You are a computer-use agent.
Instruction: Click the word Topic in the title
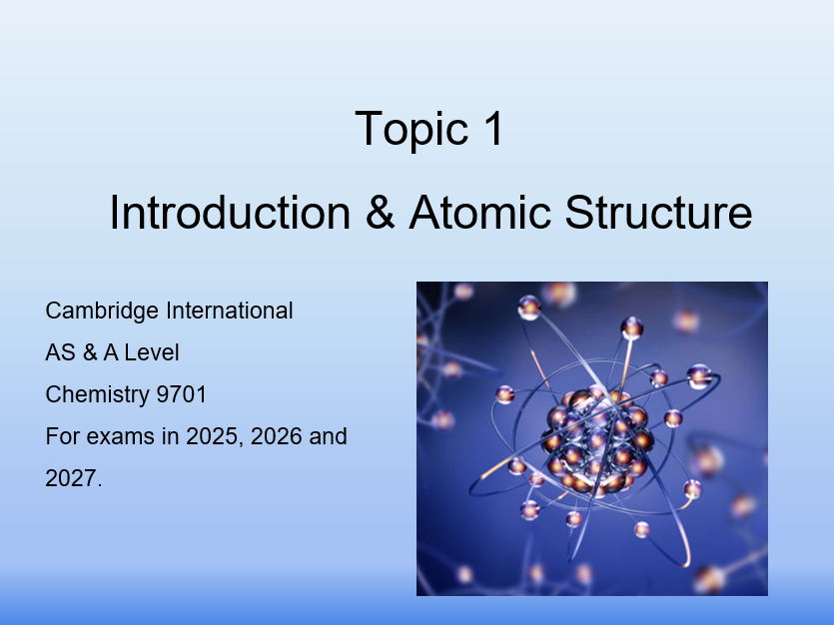pos(412,129)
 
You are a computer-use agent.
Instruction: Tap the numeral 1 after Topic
pos(494,128)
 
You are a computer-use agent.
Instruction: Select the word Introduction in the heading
pos(230,212)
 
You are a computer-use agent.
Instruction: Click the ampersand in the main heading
pos(381,212)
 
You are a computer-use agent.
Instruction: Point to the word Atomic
pos(479,212)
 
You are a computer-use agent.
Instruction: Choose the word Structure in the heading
pos(658,212)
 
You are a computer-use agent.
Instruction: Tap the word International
pos(230,311)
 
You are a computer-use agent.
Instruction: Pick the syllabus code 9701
pos(182,394)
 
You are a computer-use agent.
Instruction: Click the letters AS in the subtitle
pos(60,352)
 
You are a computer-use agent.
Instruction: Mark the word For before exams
pos(63,436)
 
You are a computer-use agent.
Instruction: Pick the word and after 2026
pos(329,436)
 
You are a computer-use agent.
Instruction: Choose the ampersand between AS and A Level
pos(89,352)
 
